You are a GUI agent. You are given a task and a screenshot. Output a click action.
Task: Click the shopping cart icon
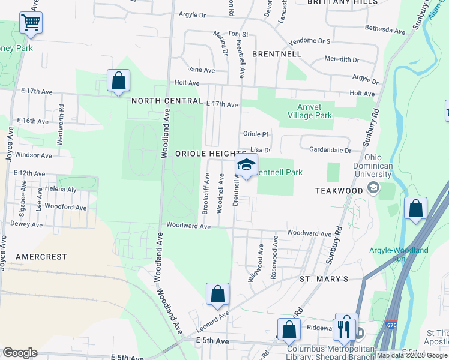[30, 23]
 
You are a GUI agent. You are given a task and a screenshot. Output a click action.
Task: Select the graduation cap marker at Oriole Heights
[246, 165]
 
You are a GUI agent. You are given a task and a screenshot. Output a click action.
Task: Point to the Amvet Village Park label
[309, 111]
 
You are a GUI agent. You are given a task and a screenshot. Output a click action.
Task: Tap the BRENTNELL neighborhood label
[276, 53]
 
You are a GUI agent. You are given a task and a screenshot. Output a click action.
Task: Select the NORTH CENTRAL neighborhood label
[167, 100]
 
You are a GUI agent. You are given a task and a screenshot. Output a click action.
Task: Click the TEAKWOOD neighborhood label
[339, 190]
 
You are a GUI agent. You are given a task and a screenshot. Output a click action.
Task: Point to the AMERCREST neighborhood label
[41, 256]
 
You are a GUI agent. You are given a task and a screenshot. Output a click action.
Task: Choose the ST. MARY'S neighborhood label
[324, 279]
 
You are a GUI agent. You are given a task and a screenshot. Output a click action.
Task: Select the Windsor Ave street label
[34, 155]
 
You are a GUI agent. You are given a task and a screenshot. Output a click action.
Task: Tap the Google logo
[20, 353]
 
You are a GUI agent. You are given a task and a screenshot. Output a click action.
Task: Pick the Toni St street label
[238, 35]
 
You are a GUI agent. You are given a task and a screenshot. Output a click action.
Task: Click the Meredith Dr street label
[342, 59]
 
